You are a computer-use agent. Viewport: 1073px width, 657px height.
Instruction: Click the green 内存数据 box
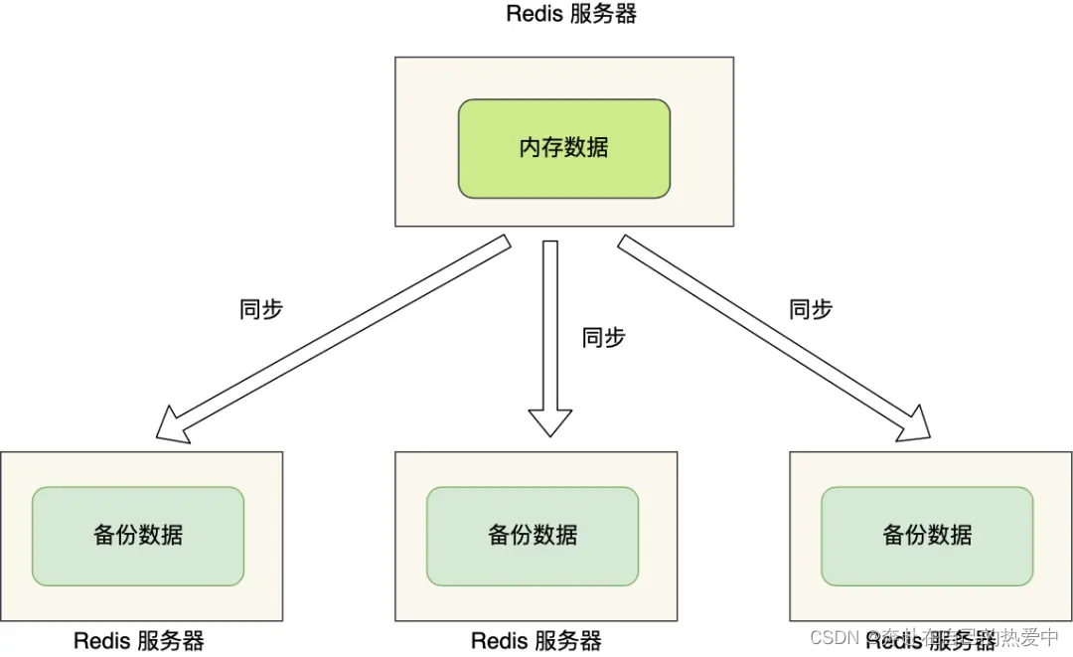point(563,148)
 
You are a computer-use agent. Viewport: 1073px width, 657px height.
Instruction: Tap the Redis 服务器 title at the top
point(570,14)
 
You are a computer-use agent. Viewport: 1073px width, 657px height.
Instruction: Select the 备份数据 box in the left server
point(138,535)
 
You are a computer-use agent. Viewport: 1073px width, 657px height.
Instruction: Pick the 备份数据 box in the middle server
point(533,535)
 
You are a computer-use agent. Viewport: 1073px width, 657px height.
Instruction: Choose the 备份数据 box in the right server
point(927,535)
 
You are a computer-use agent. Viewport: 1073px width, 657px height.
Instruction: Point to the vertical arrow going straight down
point(550,328)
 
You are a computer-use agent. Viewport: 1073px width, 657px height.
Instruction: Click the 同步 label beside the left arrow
point(261,309)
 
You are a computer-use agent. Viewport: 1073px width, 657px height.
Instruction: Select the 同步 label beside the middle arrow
point(603,338)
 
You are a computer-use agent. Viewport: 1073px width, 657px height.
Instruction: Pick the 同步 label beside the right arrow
point(811,309)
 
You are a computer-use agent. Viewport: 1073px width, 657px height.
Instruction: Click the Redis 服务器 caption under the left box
point(139,641)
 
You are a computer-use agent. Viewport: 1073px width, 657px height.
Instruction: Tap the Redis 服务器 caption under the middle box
point(536,641)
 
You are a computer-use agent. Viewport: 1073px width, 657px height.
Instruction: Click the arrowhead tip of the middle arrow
point(550,433)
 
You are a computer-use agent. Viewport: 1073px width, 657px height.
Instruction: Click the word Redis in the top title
point(536,14)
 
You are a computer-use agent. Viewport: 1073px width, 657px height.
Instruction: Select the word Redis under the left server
point(102,641)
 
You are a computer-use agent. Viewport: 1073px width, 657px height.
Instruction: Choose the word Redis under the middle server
point(500,641)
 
